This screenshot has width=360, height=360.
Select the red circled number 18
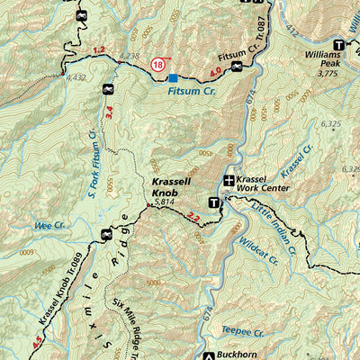click(x=159, y=64)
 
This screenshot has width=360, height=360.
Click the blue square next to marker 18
click(x=174, y=78)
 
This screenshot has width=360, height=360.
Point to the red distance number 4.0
click(x=214, y=72)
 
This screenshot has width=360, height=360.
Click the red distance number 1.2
click(x=99, y=50)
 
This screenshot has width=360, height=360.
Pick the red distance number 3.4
click(x=110, y=112)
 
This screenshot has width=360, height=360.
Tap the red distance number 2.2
click(x=193, y=217)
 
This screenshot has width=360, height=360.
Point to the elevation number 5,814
click(x=165, y=203)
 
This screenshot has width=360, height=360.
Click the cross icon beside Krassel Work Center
click(x=229, y=182)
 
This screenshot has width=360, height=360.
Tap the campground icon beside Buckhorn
click(x=210, y=354)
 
